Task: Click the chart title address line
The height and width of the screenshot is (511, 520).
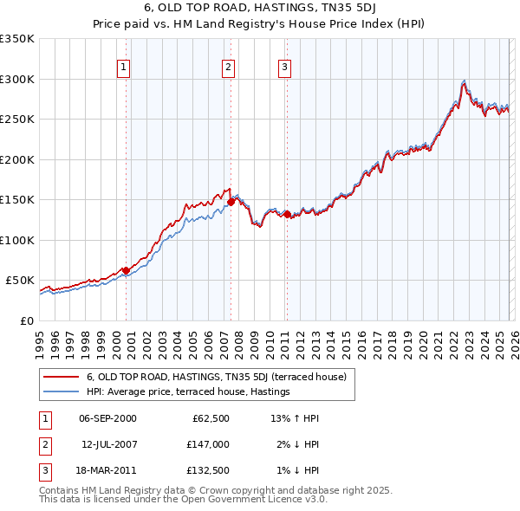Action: click(x=259, y=10)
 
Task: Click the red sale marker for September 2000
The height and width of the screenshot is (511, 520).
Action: click(x=126, y=270)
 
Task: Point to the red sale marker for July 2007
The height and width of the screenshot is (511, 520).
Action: click(x=231, y=202)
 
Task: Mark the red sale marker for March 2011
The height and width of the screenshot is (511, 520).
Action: click(x=287, y=214)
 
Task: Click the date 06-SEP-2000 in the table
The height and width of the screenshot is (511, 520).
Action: click(x=107, y=418)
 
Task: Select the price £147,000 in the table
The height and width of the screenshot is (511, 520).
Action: click(x=209, y=443)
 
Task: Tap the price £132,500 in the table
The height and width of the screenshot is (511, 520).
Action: click(x=209, y=470)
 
